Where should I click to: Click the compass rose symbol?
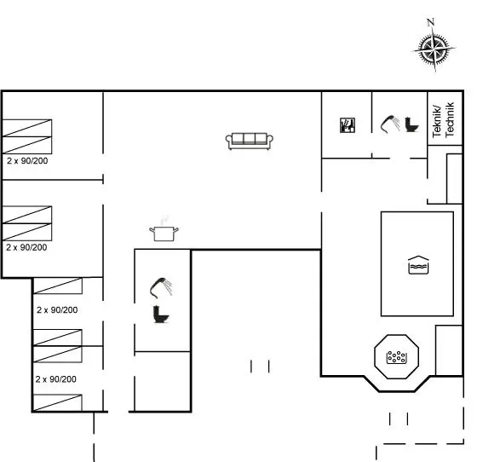click(434, 49)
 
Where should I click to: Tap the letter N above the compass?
click(430, 22)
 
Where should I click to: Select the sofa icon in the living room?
click(249, 141)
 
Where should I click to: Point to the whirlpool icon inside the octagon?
click(396, 357)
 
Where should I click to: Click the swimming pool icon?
click(418, 265)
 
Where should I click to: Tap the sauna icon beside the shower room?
click(348, 125)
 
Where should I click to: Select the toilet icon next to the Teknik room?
click(411, 124)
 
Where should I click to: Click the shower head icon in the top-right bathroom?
click(390, 124)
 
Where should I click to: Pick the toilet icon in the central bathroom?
click(161, 314)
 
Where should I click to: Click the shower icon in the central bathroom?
click(161, 287)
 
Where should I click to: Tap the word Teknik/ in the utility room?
click(437, 121)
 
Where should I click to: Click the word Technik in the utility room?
click(450, 119)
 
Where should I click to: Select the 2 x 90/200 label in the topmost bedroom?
click(27, 161)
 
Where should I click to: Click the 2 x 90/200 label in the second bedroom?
click(26, 247)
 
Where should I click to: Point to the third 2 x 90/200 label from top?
click(57, 309)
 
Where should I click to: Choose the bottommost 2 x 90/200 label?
click(56, 379)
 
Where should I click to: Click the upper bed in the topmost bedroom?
click(27, 128)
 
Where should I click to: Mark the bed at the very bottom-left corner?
click(58, 402)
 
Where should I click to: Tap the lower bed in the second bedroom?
click(27, 232)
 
